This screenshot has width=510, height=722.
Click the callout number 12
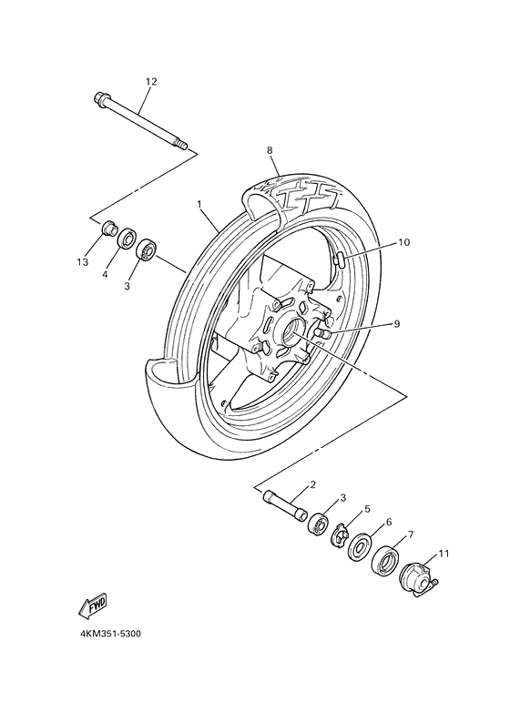click(151, 82)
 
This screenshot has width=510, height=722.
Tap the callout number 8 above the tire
click(270, 150)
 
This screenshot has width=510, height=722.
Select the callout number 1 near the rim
click(199, 206)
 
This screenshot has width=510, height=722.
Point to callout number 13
click(83, 262)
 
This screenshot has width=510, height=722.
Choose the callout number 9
click(397, 323)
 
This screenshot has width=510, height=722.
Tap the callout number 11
click(444, 553)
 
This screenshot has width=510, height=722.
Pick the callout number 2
click(312, 485)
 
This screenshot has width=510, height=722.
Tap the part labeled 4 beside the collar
click(127, 239)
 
